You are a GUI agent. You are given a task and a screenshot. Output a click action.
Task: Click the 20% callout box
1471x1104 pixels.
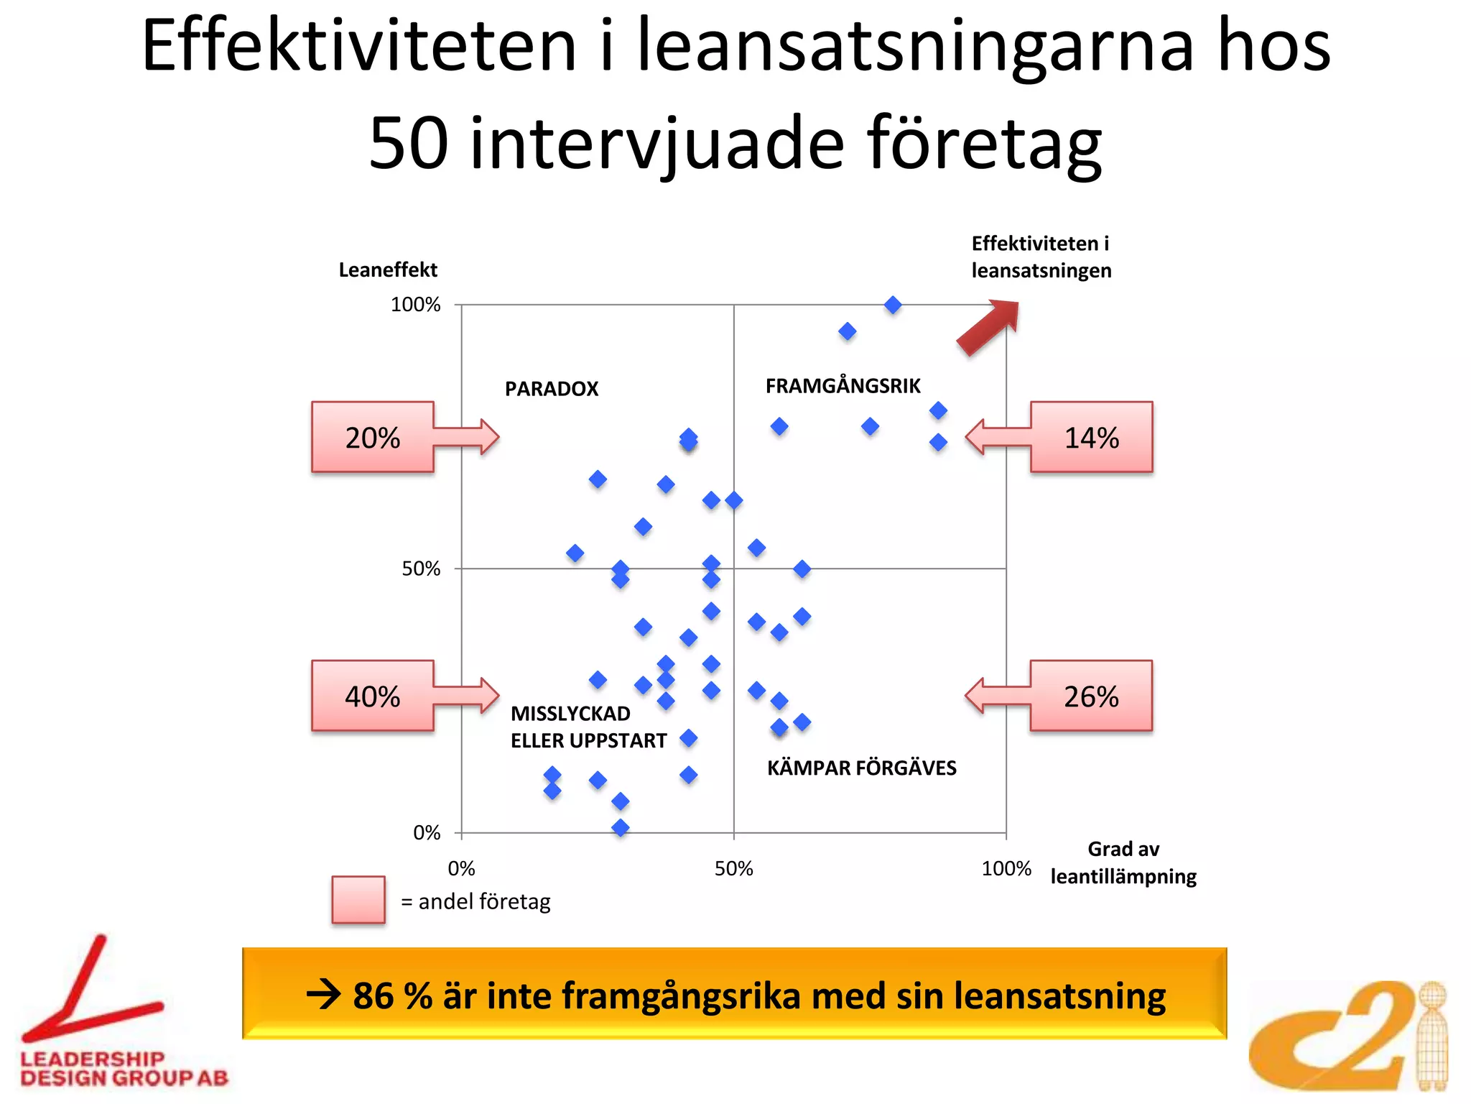click(x=373, y=437)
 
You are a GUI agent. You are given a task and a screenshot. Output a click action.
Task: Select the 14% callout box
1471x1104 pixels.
click(x=1091, y=437)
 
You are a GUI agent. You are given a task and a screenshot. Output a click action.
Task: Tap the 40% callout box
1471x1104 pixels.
click(x=373, y=696)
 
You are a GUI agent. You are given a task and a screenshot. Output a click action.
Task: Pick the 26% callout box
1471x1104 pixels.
click(x=1091, y=696)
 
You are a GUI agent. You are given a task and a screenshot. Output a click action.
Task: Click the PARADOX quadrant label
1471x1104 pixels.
click(x=551, y=389)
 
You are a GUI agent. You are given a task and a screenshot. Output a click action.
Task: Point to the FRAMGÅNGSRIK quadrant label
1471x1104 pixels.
click(x=843, y=386)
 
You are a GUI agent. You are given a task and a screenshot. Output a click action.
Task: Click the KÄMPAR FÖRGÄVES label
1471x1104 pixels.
click(x=861, y=768)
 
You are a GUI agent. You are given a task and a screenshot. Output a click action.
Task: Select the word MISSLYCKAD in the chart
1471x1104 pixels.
click(x=570, y=714)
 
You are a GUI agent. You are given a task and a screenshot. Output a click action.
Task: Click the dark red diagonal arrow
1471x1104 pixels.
click(x=988, y=327)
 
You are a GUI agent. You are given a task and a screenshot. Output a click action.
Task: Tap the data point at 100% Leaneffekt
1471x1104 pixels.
click(x=893, y=305)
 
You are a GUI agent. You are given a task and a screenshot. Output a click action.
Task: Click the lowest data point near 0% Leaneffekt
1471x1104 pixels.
click(x=621, y=827)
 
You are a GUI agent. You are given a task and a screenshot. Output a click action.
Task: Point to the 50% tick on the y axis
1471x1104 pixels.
click(x=421, y=569)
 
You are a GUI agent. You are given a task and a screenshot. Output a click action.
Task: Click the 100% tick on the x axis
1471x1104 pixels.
click(x=1006, y=868)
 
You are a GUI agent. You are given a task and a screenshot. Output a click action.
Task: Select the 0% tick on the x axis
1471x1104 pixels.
click(x=461, y=868)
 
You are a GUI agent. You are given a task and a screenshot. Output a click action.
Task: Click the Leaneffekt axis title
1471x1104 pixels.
click(x=388, y=270)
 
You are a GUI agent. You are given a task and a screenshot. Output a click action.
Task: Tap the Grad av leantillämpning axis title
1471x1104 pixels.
click(x=1123, y=862)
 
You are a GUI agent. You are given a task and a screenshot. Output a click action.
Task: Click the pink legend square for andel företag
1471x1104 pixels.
click(x=358, y=899)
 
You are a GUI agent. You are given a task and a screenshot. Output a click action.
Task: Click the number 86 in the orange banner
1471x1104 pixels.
click(x=373, y=995)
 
